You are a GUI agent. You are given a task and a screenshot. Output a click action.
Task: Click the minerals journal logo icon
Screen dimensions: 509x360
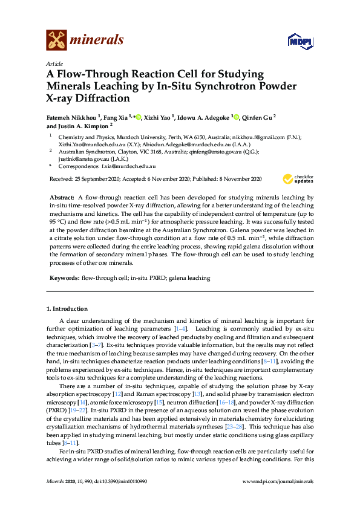coord(56,41)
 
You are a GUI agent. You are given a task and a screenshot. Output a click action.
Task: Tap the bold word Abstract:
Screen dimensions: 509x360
coord(62,198)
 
